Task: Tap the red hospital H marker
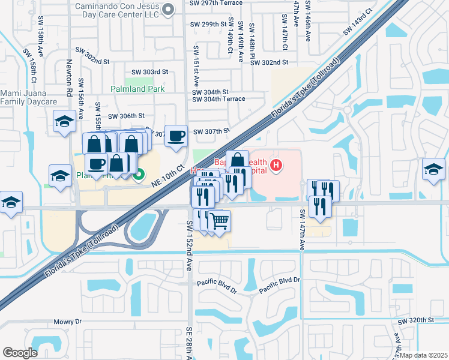coord(276,165)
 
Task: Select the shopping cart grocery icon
coord(220,221)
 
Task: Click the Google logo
coord(20,352)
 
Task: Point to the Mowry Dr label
coord(67,322)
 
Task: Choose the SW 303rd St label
coord(147,72)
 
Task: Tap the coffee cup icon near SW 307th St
coord(176,136)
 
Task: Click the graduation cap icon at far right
coord(433,169)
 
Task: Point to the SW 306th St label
coord(127,116)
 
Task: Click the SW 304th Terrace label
coord(218,99)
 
